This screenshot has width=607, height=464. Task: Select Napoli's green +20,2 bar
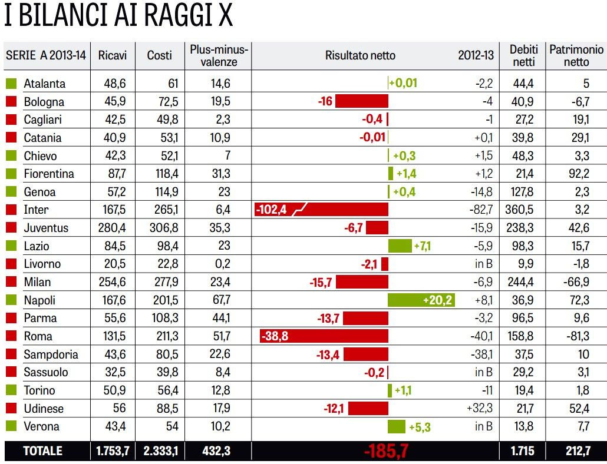click(421, 300)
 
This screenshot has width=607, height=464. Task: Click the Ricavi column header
click(113, 55)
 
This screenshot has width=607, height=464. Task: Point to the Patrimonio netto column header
click(576, 55)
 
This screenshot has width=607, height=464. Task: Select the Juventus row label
click(46, 228)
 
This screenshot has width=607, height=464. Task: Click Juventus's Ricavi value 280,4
click(112, 228)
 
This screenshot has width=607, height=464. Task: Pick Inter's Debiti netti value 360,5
click(522, 210)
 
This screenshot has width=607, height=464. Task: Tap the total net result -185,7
click(386, 452)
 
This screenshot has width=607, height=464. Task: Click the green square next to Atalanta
click(11, 84)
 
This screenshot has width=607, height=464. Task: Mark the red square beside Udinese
click(11, 409)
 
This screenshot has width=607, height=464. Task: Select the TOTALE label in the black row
click(42, 451)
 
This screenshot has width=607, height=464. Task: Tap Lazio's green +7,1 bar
click(400, 246)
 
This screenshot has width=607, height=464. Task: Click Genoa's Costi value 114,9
click(160, 192)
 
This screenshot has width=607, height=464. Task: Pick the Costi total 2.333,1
click(160, 451)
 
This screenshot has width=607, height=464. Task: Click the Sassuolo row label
click(46, 372)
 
